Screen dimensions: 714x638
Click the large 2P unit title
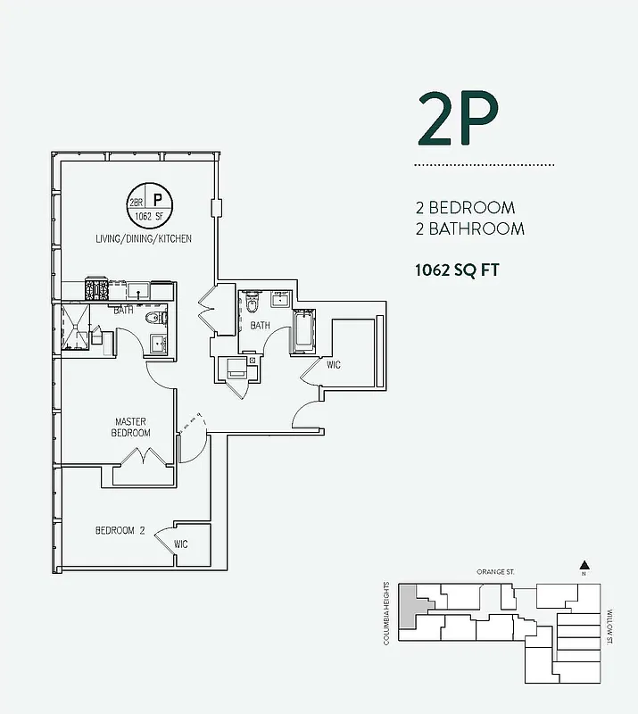458,118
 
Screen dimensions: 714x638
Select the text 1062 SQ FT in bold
456,270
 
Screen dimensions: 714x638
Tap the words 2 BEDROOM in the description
465,208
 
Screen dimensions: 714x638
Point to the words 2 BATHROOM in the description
469,229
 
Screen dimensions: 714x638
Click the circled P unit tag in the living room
156,201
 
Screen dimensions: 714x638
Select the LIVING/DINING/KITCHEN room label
144,240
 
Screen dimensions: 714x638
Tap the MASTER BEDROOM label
130,428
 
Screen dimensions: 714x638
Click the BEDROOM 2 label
120,530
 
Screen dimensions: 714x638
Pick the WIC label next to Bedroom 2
180,544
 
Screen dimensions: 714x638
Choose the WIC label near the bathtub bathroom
334,365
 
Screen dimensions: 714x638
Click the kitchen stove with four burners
96,289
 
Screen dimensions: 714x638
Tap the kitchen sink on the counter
137,289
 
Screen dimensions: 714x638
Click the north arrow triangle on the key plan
584,564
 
